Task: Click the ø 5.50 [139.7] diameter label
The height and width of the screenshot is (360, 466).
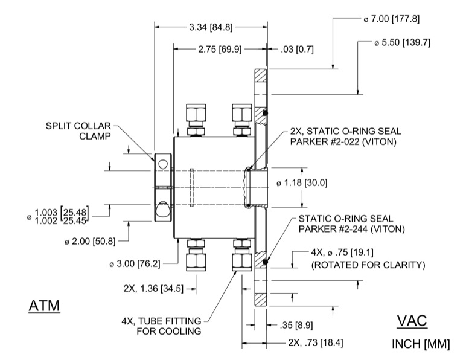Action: (x=401, y=43)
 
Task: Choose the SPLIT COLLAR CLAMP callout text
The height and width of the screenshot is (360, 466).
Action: (x=79, y=130)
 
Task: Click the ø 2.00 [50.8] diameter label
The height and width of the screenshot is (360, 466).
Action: (x=92, y=242)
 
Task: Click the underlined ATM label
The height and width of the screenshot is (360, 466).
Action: (x=45, y=306)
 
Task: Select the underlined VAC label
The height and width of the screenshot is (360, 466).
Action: (x=412, y=321)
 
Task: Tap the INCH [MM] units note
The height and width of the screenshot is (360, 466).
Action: (x=421, y=344)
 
